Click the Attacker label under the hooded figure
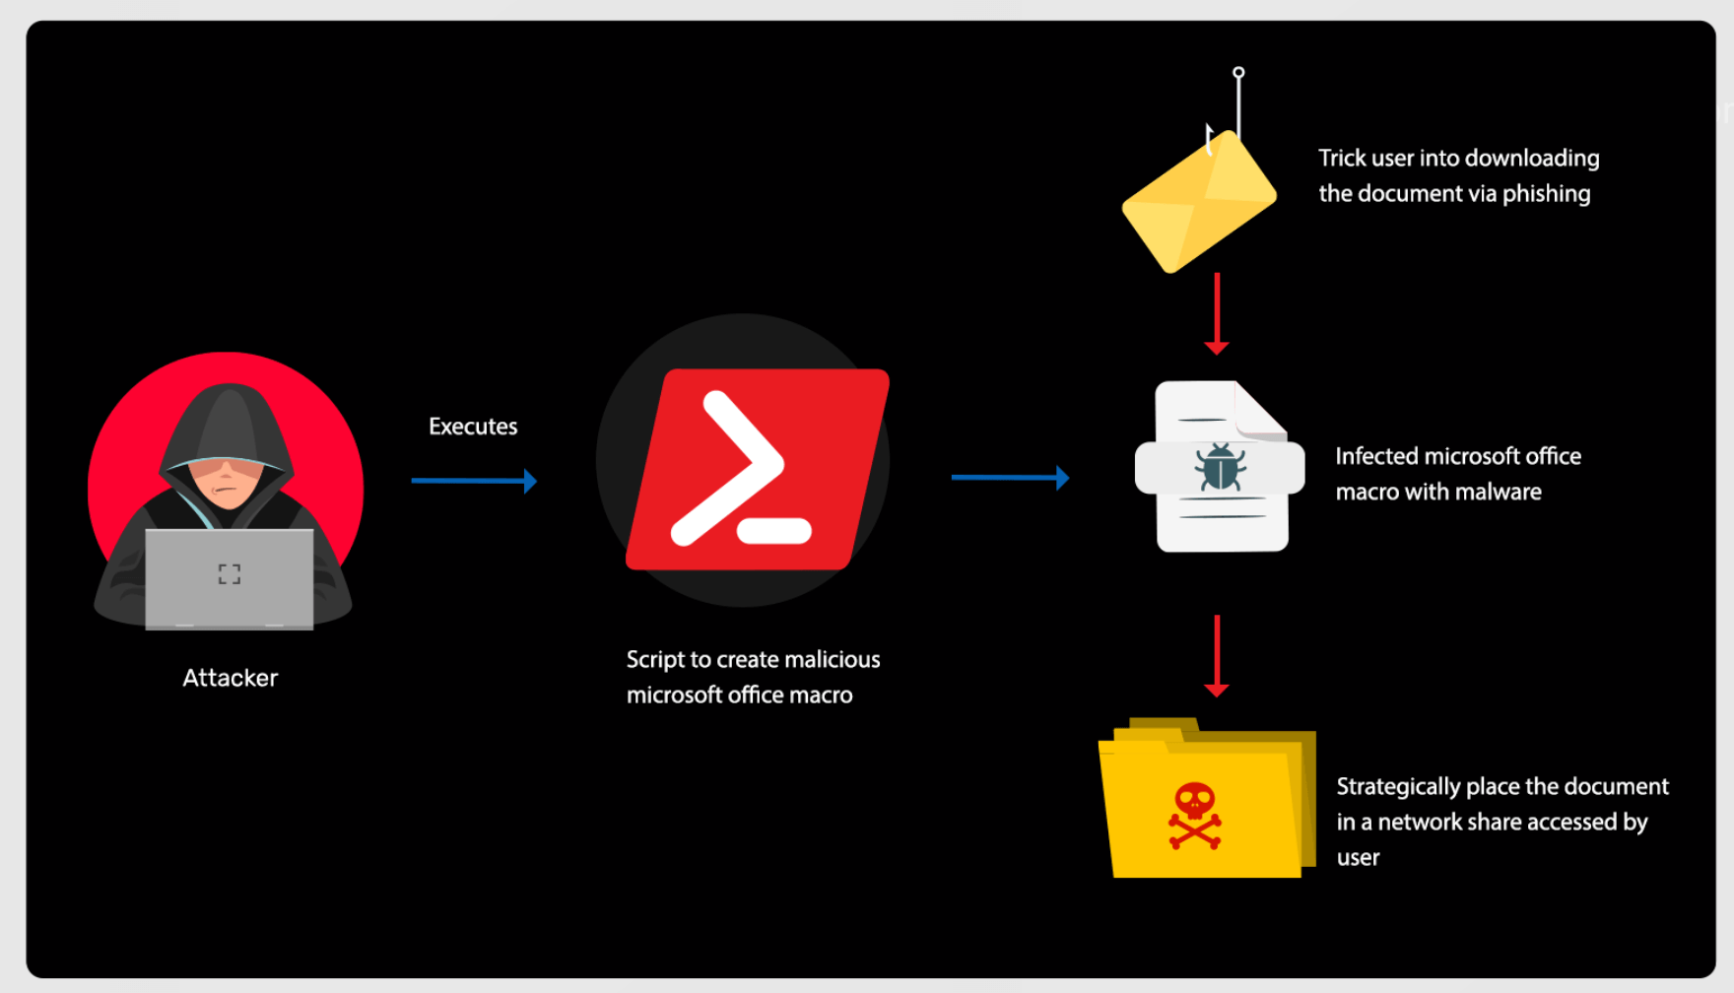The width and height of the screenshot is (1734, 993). click(x=230, y=678)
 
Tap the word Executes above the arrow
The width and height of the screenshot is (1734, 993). click(x=473, y=427)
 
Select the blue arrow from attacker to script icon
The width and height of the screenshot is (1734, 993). click(x=474, y=481)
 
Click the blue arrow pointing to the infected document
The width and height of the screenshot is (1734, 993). click(x=1010, y=478)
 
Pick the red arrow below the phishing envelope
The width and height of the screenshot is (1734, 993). click(x=1217, y=313)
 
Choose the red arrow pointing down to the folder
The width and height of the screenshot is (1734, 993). click(x=1217, y=655)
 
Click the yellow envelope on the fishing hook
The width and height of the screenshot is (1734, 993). click(x=1199, y=203)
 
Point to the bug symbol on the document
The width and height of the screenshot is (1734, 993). click(x=1221, y=466)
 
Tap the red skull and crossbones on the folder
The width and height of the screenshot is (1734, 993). click(x=1195, y=816)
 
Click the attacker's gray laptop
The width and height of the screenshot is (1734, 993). click(x=230, y=578)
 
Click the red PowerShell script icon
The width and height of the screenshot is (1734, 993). click(x=757, y=469)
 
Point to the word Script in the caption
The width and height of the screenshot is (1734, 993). click(x=654, y=660)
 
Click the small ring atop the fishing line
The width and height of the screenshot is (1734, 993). click(x=1238, y=73)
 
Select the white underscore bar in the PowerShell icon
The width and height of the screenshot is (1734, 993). click(x=774, y=531)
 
